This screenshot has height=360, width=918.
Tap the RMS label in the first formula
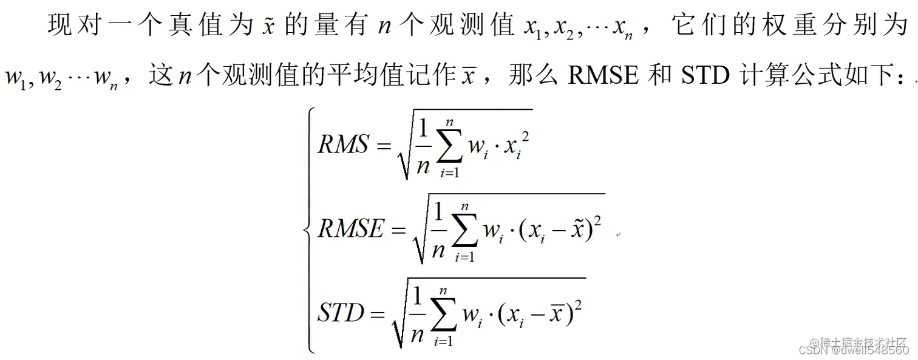click(x=343, y=144)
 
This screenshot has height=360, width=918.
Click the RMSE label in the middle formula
click(x=352, y=229)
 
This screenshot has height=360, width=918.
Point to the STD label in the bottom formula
click(x=341, y=313)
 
